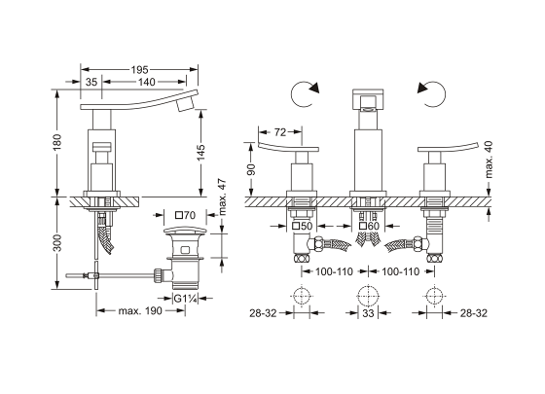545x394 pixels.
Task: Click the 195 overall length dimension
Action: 139,70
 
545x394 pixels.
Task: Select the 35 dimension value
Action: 91,82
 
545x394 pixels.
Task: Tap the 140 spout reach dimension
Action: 146,82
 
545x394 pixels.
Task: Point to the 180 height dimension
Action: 57,142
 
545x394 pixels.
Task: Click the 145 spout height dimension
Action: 200,153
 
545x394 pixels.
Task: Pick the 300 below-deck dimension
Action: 57,243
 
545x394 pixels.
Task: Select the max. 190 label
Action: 140,310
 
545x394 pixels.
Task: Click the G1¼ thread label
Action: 186,299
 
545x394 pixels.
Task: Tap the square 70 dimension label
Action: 185,215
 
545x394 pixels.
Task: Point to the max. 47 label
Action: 222,197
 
